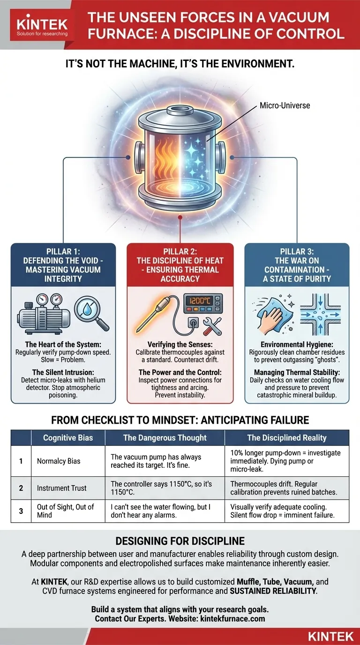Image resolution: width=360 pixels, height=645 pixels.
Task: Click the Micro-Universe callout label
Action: (285, 105)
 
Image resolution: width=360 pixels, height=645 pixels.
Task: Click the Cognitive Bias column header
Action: (68, 438)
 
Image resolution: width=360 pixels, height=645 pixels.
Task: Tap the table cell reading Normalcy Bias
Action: (59, 461)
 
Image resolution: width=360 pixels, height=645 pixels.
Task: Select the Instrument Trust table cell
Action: (61, 488)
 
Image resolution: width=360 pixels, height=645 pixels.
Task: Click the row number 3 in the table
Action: (21, 511)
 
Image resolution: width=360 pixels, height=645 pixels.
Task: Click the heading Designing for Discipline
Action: (180, 541)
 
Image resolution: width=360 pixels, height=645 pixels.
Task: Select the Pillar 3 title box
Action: (297, 265)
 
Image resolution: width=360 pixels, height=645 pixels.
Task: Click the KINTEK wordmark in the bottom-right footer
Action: (330, 636)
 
